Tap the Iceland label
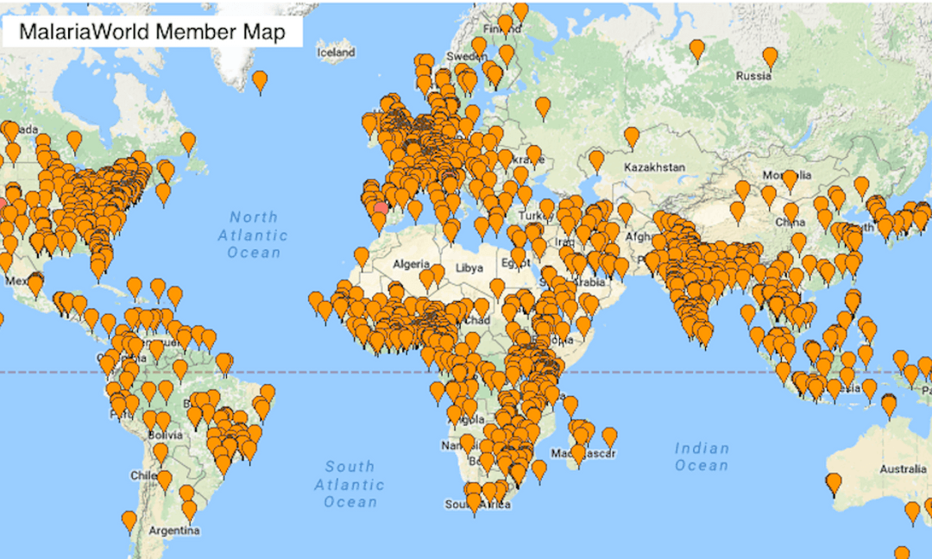pos(336,53)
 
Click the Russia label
pos(753,76)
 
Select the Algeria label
pos(411,263)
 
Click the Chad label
pos(477,320)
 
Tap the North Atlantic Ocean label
pos(253,235)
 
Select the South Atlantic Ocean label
pos(349,484)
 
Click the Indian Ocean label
pos(702,456)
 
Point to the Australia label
pos(903,469)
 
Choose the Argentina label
pos(173,531)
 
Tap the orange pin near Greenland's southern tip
pos(259,81)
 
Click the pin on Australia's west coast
pos(833,482)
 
